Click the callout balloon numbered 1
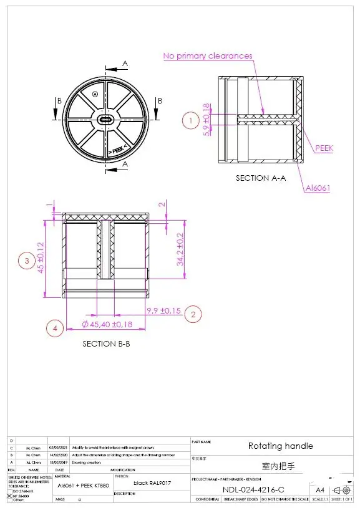(x=190, y=120)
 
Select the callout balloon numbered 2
(x=193, y=314)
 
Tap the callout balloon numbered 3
(x=26, y=261)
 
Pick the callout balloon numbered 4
(x=56, y=328)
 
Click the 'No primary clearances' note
(x=208, y=56)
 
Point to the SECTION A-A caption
(x=260, y=178)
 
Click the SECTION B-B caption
(x=106, y=343)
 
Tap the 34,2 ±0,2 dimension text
(x=180, y=248)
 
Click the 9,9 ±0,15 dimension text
(x=163, y=310)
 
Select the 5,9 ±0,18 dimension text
(x=207, y=120)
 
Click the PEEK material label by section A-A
(x=324, y=148)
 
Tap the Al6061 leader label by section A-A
(x=317, y=188)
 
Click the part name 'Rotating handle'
(x=281, y=446)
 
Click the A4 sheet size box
(x=320, y=490)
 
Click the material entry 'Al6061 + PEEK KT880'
(x=83, y=485)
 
